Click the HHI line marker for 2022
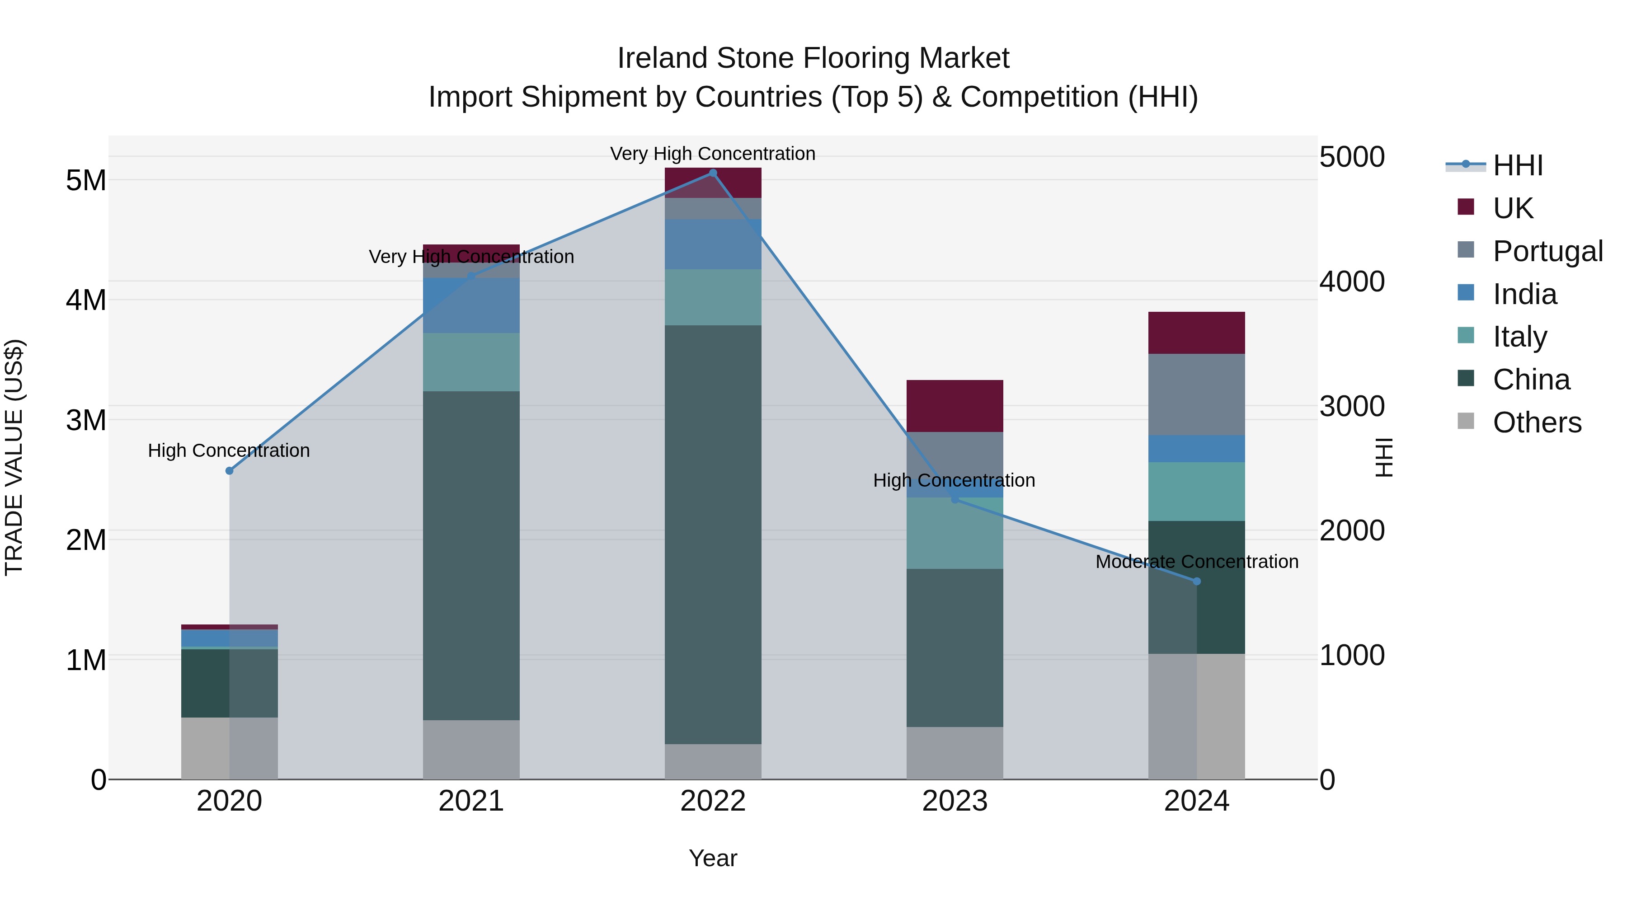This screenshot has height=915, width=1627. (x=713, y=173)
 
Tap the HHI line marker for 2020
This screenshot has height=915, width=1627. (x=229, y=471)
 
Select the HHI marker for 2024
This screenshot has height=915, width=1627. (x=1197, y=582)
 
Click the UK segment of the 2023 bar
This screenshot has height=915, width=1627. (x=955, y=406)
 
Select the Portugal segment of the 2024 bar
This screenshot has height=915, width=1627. (x=1197, y=394)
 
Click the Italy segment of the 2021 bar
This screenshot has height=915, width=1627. (x=471, y=362)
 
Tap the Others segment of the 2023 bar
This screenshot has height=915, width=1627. (x=955, y=753)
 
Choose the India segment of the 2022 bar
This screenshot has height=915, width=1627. (x=713, y=244)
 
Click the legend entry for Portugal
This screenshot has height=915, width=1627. (x=1547, y=251)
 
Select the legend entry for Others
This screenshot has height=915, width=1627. (x=1536, y=422)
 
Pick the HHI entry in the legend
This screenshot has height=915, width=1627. (x=1517, y=165)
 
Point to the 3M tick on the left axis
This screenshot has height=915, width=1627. (x=86, y=420)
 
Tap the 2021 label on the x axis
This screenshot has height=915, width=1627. (x=471, y=801)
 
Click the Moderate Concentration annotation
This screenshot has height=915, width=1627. (x=1197, y=561)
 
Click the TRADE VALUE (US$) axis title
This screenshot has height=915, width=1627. (x=14, y=457)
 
